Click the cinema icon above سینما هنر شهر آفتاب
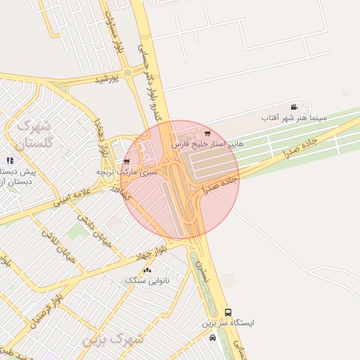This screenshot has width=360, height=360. coord(292,106)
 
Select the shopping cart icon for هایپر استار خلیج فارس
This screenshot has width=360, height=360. coord(206,133)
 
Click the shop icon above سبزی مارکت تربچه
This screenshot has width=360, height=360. coord(127,161)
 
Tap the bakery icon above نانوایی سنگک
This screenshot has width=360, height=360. coord(147,270)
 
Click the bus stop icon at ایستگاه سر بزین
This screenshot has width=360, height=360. coord(228,312)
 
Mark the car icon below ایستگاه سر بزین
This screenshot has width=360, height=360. coord(212,337)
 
